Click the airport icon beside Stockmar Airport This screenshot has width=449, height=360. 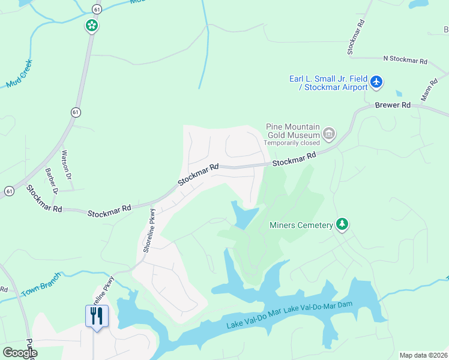(376, 82)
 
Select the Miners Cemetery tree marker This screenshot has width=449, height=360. (342, 224)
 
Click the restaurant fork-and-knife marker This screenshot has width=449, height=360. (97, 316)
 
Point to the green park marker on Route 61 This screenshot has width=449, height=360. (91, 26)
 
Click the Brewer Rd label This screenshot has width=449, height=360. (393, 105)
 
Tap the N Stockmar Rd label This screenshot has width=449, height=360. (405, 61)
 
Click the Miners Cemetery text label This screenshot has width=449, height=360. (301, 225)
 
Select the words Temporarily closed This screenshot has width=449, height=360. (293, 143)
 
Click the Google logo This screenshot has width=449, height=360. (20, 353)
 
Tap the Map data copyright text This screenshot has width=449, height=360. (423, 355)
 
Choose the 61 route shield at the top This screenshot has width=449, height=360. (97, 8)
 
